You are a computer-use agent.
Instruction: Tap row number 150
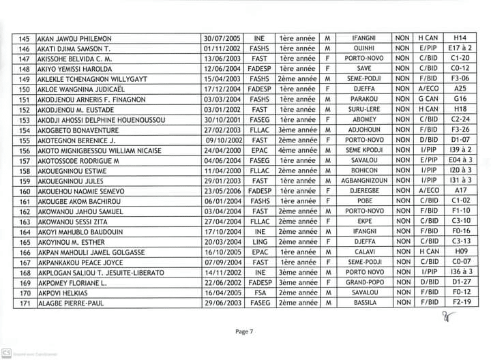25,89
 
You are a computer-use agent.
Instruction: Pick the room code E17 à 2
460,48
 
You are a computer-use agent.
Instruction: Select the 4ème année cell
297,150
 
